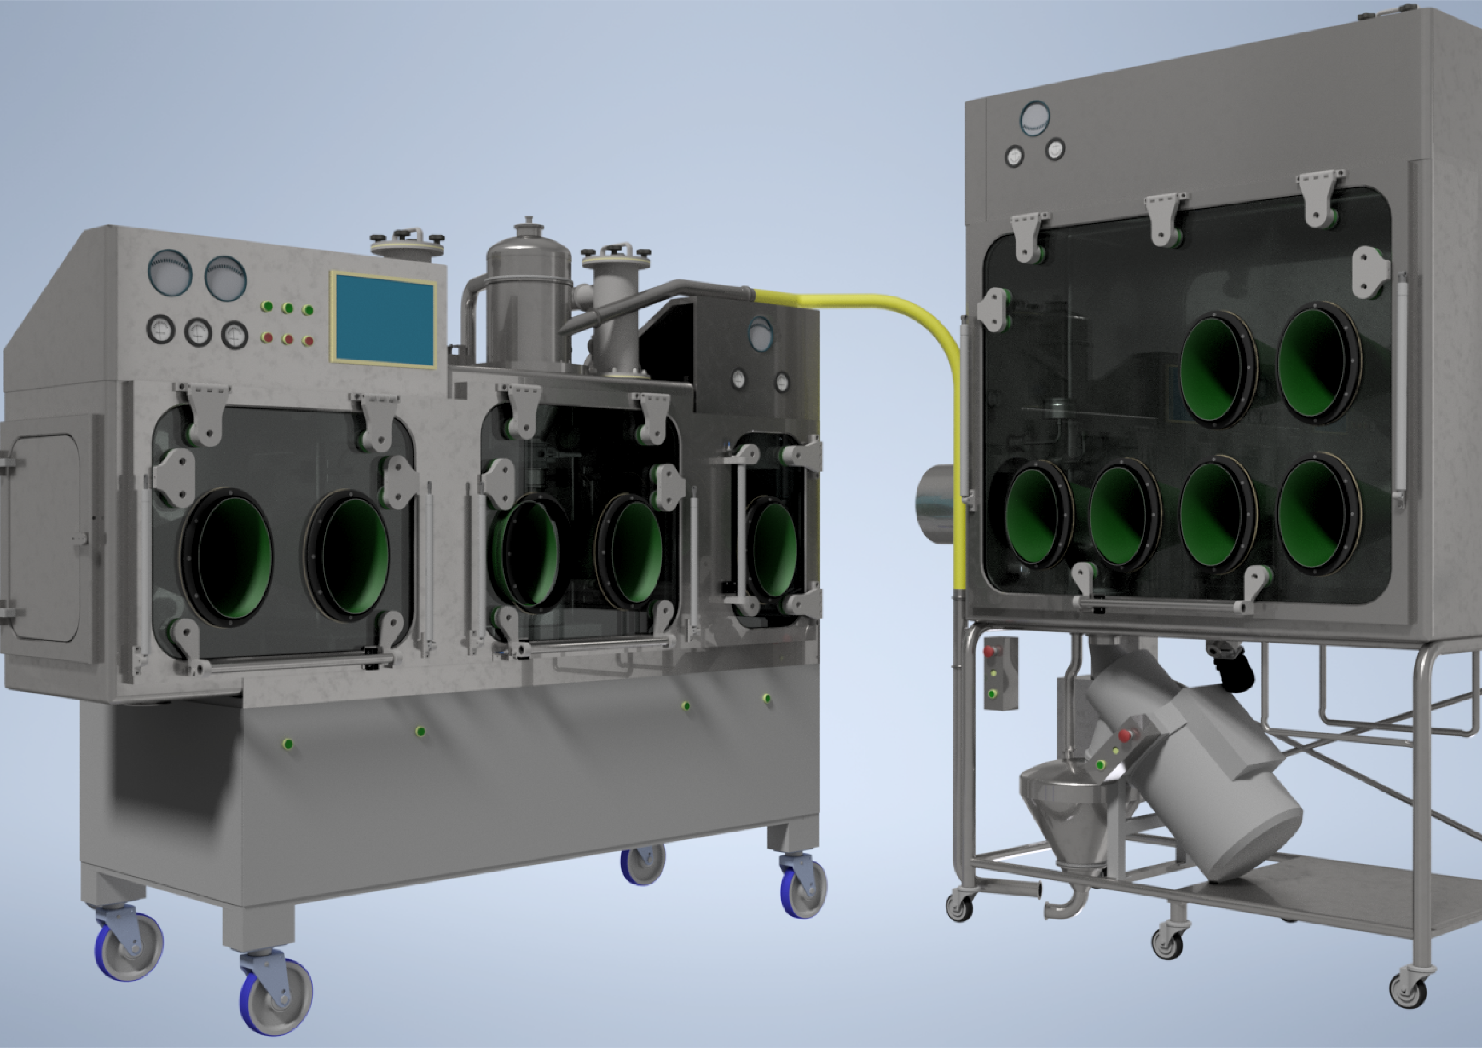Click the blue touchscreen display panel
pos(384,319)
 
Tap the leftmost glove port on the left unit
pos(227,556)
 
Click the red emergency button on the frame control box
pos(989,651)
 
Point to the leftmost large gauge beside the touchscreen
pos(170,273)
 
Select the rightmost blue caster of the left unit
pos(803,885)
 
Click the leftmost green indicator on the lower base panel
pos(288,744)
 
